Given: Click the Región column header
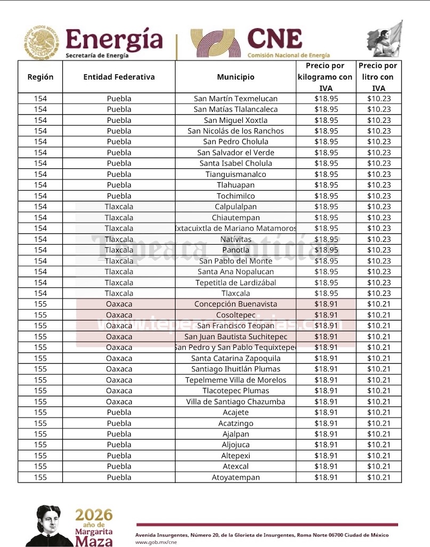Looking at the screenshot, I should coord(41,77).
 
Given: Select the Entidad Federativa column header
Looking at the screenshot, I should coord(119,77).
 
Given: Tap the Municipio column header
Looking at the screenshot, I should coord(235,77).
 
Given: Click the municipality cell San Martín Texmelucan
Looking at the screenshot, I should coord(235,98).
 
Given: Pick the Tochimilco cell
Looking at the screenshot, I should coord(235,196).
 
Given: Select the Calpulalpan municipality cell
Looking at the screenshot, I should coord(235,207).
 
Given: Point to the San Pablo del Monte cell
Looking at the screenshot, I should coord(235,261).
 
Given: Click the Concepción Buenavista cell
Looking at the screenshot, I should coord(235,304).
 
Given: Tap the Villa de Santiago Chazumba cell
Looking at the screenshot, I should coord(235,402).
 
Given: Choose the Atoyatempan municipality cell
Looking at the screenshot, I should coord(235,478).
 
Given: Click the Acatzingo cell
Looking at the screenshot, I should coord(235,423).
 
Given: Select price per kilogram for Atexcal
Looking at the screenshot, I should coord(326,466).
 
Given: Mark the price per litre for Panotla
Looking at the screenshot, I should coord(379,250).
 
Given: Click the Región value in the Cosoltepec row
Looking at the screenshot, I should coord(41,315).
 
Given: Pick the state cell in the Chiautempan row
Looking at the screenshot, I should coord(119,217).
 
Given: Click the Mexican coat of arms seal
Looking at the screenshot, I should coord(41,43).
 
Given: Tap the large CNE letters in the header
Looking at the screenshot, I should coord(274,39).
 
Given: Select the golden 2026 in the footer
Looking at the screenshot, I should coord(94,515).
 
